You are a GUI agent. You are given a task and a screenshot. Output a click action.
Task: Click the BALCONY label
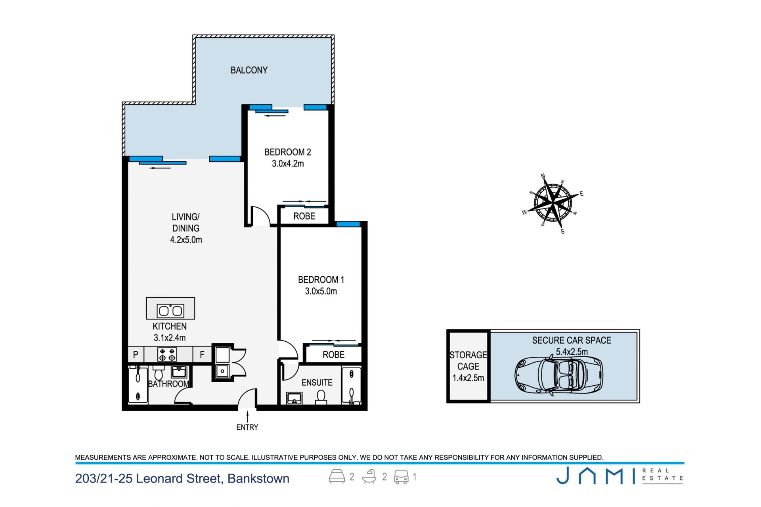(x=249, y=70)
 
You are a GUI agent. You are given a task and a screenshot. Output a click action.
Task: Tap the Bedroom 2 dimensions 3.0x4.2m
(x=288, y=163)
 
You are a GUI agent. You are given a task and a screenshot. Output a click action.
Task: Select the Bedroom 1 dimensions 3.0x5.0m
(x=321, y=291)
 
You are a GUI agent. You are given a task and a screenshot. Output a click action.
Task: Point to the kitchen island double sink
(x=170, y=310)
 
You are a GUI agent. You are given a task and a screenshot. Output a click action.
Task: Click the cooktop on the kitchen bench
(x=167, y=354)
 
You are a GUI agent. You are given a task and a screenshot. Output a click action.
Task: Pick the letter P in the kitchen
(x=136, y=355)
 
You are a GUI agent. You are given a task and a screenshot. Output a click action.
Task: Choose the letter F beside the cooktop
(x=202, y=355)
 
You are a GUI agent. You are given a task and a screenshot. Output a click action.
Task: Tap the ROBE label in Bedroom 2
(x=304, y=216)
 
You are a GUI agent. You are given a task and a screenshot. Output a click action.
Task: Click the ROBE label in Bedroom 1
(x=333, y=355)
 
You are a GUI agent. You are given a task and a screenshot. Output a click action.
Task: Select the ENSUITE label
(x=317, y=383)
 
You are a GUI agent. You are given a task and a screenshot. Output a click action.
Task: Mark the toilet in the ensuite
(x=321, y=397)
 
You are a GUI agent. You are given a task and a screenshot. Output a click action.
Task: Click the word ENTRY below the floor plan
(x=247, y=427)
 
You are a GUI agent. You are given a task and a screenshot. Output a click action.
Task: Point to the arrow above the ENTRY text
(x=248, y=417)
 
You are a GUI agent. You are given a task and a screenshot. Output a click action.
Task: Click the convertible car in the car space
(x=559, y=375)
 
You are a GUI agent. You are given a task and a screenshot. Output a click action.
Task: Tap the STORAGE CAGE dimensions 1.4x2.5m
(x=468, y=378)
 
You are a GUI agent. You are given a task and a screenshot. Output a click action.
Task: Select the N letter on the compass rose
(x=543, y=176)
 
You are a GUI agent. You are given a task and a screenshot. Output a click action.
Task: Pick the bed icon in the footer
(x=337, y=476)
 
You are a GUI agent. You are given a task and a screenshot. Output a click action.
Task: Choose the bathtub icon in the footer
(x=369, y=476)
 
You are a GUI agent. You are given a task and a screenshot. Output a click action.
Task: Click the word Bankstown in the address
(x=258, y=478)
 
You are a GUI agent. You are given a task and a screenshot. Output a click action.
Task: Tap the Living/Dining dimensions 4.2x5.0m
(x=186, y=240)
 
